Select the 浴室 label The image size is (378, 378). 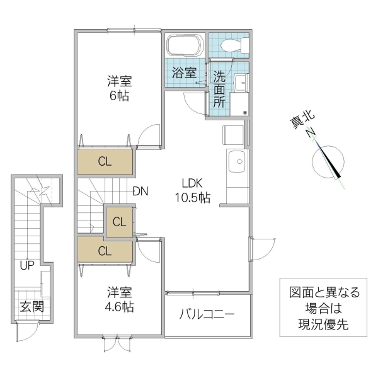(x=185, y=73)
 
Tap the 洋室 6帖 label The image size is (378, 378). (x=118, y=88)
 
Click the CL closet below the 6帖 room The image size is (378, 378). (x=105, y=161)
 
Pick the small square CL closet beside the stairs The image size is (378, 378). (x=119, y=222)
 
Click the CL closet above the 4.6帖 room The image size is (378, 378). (x=105, y=250)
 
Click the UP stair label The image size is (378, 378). (x=26, y=265)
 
